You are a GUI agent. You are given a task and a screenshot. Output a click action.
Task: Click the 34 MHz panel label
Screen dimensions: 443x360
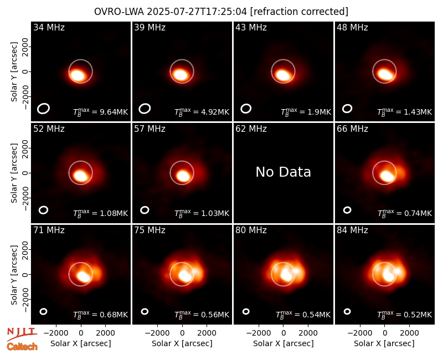pyautogui.click(x=49, y=27)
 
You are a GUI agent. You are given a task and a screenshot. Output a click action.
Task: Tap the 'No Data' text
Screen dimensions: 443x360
pyautogui.click(x=283, y=172)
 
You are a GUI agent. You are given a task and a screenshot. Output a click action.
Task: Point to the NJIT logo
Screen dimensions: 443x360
pyautogui.click(x=22, y=333)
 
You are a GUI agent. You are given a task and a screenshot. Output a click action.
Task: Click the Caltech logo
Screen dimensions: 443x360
pyautogui.click(x=22, y=347)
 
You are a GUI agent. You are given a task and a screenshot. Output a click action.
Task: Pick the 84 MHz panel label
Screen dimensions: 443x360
pyautogui.click(x=352, y=230)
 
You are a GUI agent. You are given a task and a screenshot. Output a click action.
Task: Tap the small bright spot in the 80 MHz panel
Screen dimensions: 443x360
pyautogui.click(x=296, y=271)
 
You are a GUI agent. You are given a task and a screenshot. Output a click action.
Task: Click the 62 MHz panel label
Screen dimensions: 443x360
pyautogui.click(x=251, y=129)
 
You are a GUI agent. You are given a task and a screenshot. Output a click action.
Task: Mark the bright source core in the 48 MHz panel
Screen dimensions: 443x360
pyautogui.click(x=385, y=74)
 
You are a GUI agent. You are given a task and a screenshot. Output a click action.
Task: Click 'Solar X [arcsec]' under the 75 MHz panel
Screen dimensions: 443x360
pyautogui.click(x=182, y=343)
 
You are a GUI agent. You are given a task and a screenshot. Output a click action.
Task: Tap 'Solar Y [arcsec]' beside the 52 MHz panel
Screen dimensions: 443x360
pyautogui.click(x=14, y=173)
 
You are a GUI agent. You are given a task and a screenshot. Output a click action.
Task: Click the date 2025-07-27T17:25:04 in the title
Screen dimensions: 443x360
pyautogui.click(x=197, y=12)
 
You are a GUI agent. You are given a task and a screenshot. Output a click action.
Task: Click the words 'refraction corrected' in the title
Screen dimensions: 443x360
pyautogui.click(x=299, y=12)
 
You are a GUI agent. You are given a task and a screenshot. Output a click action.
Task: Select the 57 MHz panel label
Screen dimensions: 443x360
pyautogui.click(x=150, y=129)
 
